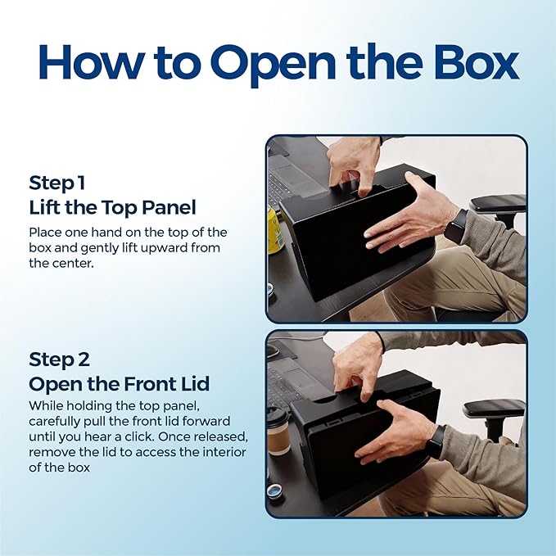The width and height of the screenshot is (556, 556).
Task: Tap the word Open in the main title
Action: click(273, 66)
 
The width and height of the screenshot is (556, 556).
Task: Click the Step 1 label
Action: click(57, 183)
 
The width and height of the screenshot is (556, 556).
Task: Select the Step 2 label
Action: click(59, 359)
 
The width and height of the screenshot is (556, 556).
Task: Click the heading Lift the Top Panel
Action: click(112, 207)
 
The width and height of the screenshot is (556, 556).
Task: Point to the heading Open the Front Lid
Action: click(120, 384)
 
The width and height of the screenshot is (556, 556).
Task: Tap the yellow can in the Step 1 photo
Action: click(274, 230)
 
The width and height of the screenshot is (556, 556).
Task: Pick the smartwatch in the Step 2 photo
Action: click(436, 441)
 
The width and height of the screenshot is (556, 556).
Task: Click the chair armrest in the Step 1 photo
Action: click(498, 204)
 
